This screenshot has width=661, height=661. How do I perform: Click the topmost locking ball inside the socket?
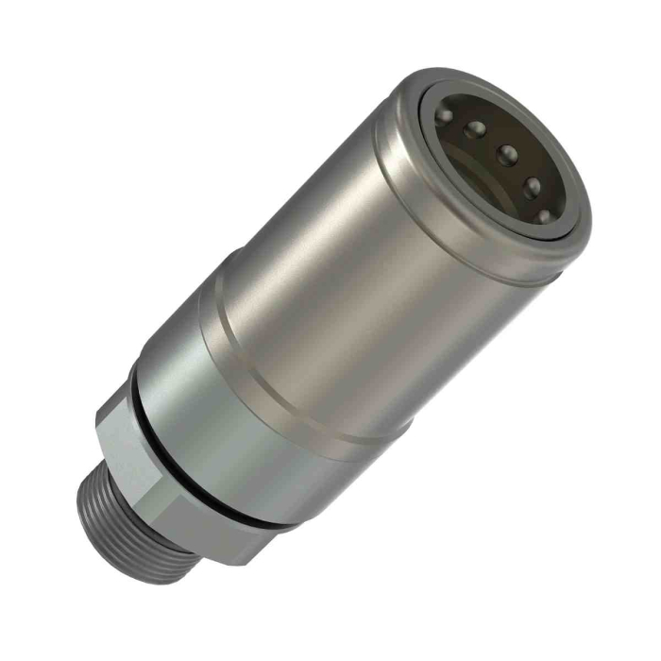[443, 114]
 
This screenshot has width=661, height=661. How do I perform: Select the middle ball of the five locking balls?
[507, 153]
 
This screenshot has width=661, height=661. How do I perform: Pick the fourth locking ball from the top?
[531, 184]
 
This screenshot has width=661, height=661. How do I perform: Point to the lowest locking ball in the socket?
[543, 216]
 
